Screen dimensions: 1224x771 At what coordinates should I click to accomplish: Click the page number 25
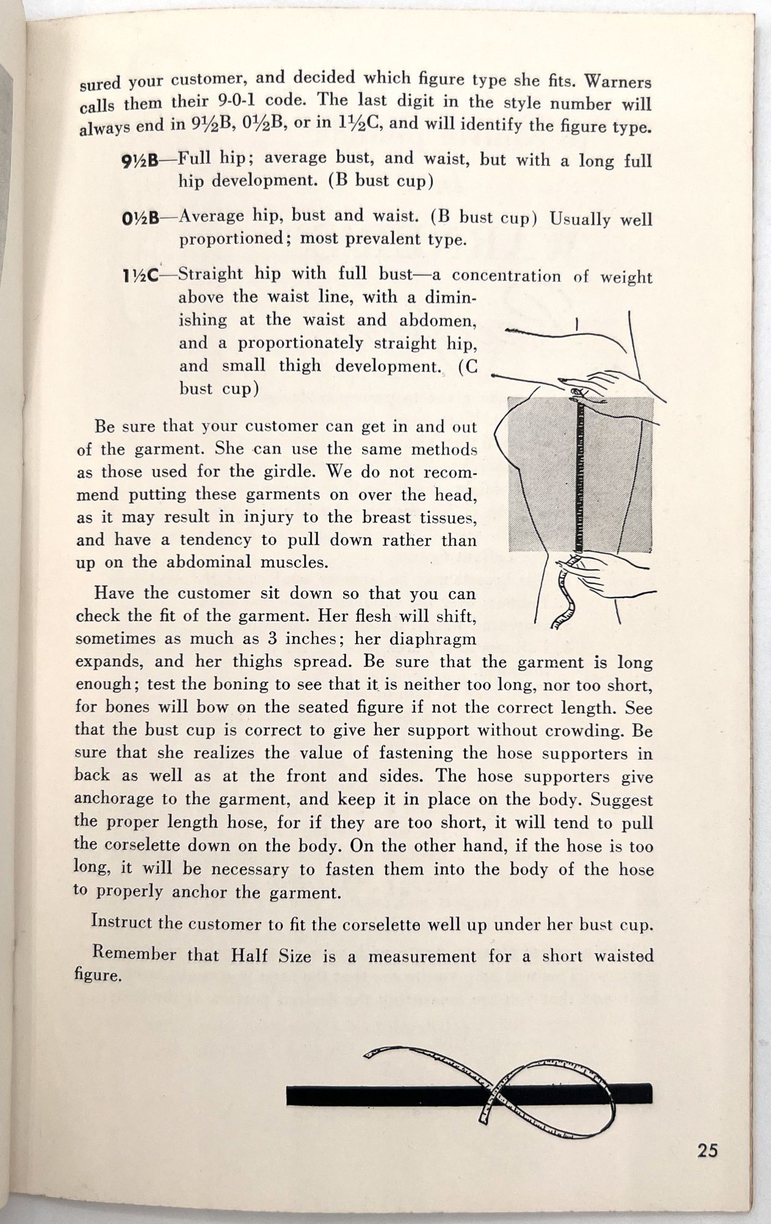point(707,1151)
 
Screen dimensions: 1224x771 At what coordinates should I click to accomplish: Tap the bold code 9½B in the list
point(140,162)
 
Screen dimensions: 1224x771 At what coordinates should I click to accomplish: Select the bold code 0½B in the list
point(140,218)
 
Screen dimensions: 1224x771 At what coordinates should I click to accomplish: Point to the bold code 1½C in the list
point(140,277)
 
